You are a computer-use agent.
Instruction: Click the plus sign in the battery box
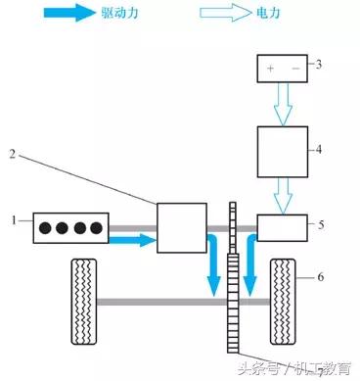(x=268, y=67)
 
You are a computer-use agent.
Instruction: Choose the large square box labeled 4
(x=281, y=153)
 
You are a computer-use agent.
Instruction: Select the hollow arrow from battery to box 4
(x=282, y=103)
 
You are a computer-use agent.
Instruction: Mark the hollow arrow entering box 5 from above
(x=282, y=198)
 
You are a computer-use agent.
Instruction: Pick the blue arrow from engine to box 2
(x=131, y=239)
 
